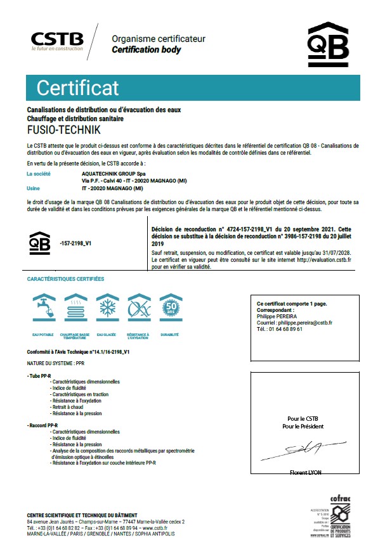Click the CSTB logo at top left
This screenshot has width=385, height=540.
point(58,39)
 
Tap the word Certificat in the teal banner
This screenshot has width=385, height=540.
point(77,87)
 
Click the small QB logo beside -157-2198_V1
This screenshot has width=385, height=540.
point(40,242)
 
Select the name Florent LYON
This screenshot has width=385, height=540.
point(307,473)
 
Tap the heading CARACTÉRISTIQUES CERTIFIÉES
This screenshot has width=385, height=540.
point(65,279)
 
